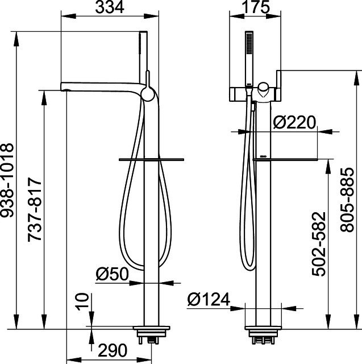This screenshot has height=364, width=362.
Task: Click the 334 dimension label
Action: pyautogui.click(x=110, y=7)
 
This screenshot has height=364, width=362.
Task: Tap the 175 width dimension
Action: pyautogui.click(x=256, y=7)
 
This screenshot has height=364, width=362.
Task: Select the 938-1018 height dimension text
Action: pyautogui.click(x=7, y=180)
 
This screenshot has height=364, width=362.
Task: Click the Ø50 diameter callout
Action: pyautogui.click(x=112, y=274)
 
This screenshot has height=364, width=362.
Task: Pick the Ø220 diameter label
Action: pyautogui.click(x=294, y=122)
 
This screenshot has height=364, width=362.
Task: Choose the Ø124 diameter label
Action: pyautogui.click(x=209, y=299)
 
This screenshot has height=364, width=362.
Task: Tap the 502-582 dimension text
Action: pyautogui.click(x=319, y=244)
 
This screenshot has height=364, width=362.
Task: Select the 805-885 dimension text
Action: pyautogui.click(x=347, y=200)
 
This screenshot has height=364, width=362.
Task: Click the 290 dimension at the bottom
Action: pyautogui.click(x=113, y=350)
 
